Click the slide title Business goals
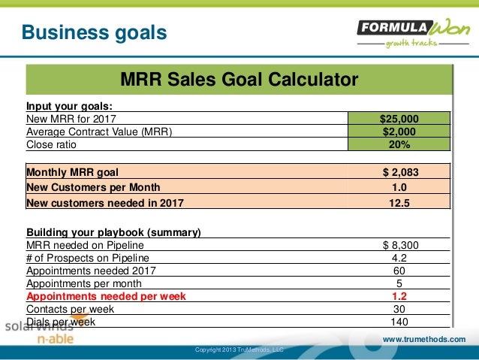(94, 33)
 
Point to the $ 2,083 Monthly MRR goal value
(399, 171)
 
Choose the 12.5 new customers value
(399, 201)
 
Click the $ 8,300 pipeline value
(399, 244)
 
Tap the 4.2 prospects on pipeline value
(399, 257)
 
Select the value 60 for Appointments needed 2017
(399, 271)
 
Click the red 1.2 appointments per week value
(399, 296)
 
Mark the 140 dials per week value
(399, 322)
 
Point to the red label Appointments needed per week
(106, 296)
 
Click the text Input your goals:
(69, 105)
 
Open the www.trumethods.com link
(424, 340)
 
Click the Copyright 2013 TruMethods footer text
(239, 350)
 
